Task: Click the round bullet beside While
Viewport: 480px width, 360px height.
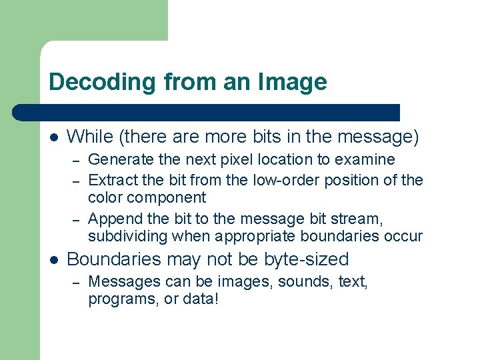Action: pyautogui.click(x=54, y=138)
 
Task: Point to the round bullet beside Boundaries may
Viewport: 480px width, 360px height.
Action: pyautogui.click(x=54, y=259)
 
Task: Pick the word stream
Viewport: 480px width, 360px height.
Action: pyautogui.click(x=364, y=219)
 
